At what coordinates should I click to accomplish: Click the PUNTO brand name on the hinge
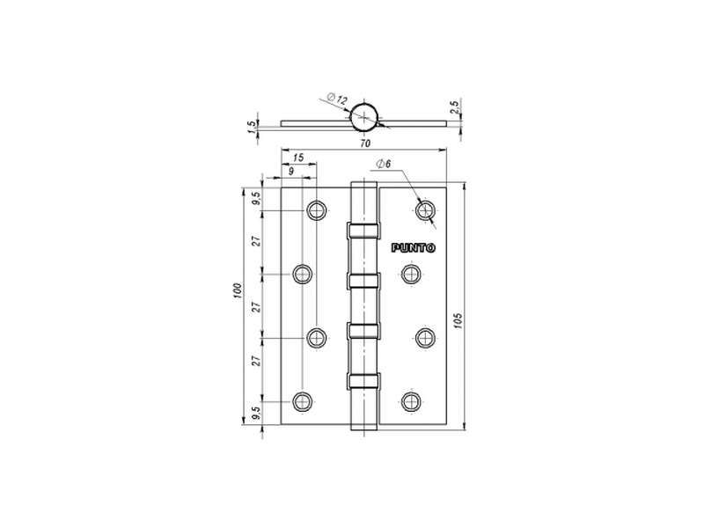click(x=413, y=248)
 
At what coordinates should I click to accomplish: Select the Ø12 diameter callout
click(x=337, y=99)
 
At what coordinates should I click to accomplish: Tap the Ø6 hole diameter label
click(x=383, y=165)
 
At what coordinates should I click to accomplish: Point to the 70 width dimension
click(x=365, y=143)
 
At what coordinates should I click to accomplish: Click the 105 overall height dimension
click(x=458, y=320)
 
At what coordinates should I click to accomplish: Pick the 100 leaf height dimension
click(x=238, y=291)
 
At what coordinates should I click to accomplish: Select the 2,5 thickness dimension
click(x=454, y=107)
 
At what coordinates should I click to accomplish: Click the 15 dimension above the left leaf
click(x=298, y=158)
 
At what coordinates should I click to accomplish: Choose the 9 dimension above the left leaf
click(x=291, y=171)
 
